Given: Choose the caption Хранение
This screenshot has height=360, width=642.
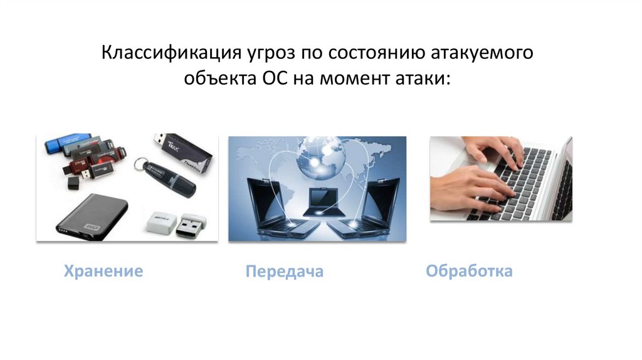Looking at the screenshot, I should [x=103, y=271].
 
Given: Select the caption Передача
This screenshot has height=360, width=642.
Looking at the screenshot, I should [x=284, y=271].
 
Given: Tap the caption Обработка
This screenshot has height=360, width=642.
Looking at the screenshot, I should [x=469, y=271].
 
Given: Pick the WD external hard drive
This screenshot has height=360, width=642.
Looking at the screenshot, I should [x=92, y=215].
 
